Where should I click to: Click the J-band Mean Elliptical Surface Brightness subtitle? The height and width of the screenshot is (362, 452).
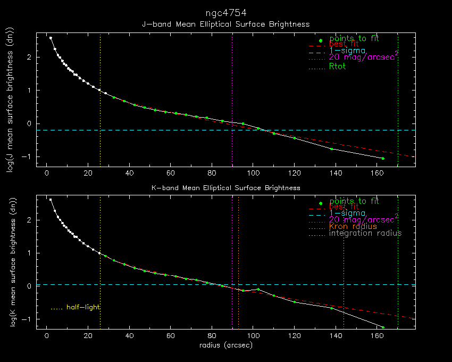coord(225,24)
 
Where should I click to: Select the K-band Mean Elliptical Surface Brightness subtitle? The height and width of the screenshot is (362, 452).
coord(225,188)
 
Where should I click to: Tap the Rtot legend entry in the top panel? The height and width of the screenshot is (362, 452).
coord(337,67)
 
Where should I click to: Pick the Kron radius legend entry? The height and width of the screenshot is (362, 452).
coord(353,227)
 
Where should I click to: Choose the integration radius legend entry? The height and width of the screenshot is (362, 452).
coord(365,234)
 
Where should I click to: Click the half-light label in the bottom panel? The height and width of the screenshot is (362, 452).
coord(83,307)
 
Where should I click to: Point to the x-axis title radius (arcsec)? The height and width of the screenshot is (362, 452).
coord(225,345)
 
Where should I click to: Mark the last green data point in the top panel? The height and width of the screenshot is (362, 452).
coord(383,159)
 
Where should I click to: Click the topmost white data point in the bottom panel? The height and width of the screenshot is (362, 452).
coord(51,200)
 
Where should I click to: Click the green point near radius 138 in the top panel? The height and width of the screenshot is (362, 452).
coord(331,149)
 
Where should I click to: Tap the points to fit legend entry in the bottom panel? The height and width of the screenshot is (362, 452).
coord(354,202)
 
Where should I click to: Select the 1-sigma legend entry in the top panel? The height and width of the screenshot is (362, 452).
coord(348,51)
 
